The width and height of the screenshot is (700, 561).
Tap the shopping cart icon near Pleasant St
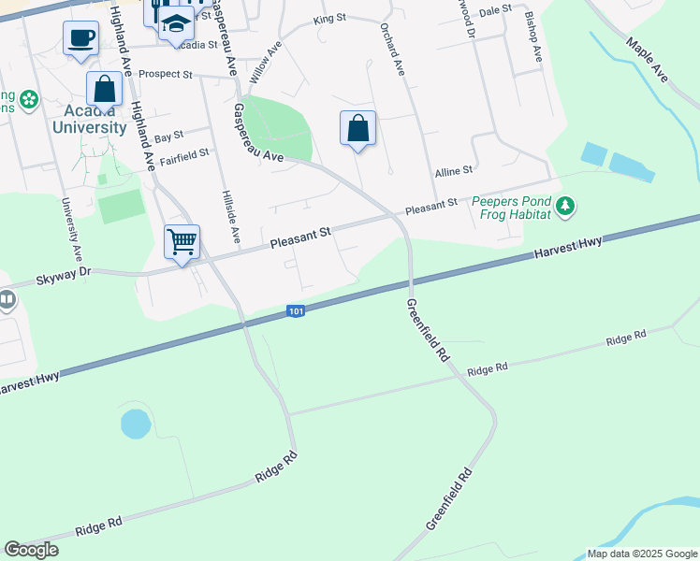(x=182, y=241)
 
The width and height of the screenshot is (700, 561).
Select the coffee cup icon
(x=81, y=38)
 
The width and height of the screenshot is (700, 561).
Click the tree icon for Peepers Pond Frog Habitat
(x=564, y=205)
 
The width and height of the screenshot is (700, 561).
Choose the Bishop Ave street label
(x=533, y=38)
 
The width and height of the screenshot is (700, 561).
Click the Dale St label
(x=494, y=9)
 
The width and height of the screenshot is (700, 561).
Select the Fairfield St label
(x=183, y=153)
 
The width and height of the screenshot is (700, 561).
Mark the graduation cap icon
(x=175, y=22)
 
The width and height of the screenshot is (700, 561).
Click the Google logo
(x=31, y=549)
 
